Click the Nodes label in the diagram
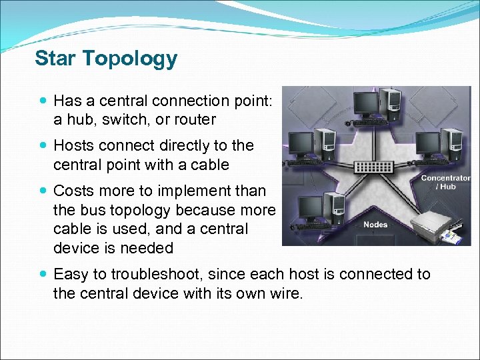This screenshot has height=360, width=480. (375, 225)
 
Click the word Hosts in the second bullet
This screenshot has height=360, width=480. (74, 145)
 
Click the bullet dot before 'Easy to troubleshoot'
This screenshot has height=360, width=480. (43, 274)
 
